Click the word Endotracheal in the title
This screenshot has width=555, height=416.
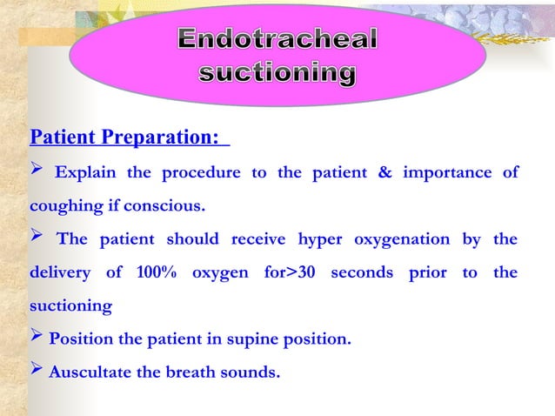[x=278, y=40]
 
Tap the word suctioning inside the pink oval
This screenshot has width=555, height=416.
[x=277, y=74]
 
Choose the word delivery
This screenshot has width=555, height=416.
[x=60, y=273]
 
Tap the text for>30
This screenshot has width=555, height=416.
[x=288, y=273]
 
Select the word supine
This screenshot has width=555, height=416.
[x=251, y=339]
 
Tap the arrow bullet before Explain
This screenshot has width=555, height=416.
[x=37, y=171]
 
